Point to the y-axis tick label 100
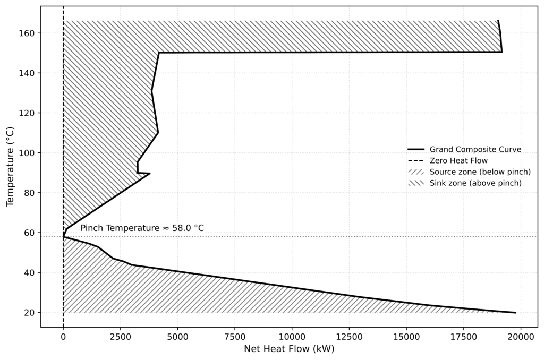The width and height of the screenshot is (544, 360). [x=27, y=153]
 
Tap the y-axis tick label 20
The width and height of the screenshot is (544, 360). [x=29, y=313]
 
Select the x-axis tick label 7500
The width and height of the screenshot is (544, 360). [x=235, y=336]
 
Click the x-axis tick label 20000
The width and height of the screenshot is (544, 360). [x=521, y=336]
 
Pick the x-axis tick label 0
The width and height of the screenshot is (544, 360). [x=63, y=336]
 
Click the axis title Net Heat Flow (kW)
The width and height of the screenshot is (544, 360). [x=289, y=349]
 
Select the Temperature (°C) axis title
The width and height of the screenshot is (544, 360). [x=10, y=167]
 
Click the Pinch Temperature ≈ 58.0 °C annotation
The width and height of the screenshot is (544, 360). [x=142, y=228]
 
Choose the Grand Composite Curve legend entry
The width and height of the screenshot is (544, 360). [x=475, y=150]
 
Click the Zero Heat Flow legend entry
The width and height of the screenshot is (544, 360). [x=458, y=160]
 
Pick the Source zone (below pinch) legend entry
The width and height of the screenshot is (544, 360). [x=480, y=172]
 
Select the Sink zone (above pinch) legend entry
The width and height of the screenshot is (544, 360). [x=475, y=183]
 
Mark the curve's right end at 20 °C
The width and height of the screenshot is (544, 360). [x=515, y=313]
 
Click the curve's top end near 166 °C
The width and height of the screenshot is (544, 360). [x=498, y=21]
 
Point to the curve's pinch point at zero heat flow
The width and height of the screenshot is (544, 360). [x=63, y=237]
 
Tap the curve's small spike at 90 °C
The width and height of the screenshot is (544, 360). [x=150, y=173]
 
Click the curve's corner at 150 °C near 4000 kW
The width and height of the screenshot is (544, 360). [x=159, y=53]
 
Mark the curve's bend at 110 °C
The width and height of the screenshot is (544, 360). [x=158, y=133]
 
